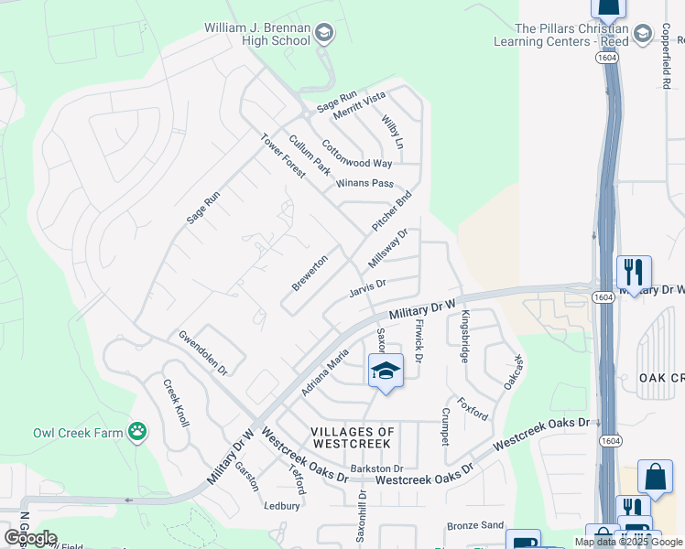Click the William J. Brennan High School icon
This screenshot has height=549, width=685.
click(x=323, y=34)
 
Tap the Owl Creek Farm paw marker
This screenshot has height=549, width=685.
click(x=137, y=431)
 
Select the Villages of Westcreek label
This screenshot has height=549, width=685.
click(x=353, y=437)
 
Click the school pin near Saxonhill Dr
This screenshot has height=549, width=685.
click(x=386, y=371)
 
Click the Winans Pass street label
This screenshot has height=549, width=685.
click(x=364, y=183)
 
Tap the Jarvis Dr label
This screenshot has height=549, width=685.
click(x=368, y=289)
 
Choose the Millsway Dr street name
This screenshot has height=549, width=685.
click(x=387, y=249)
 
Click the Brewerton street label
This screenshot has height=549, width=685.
click(x=310, y=273)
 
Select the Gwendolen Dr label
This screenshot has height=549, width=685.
click(x=202, y=352)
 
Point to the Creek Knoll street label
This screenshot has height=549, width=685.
click(x=176, y=403)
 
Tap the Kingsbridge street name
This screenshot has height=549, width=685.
click(x=465, y=337)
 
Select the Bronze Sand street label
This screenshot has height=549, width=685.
click(x=475, y=525)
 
